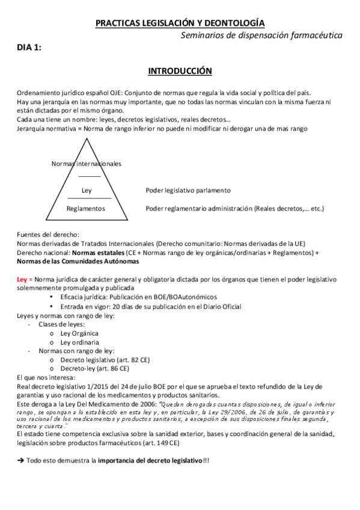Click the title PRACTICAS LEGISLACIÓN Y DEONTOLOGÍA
(180, 23)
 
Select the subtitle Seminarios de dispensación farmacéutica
(262, 35)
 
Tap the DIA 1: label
(29, 49)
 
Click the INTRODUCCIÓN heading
(180, 71)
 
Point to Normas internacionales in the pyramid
(87, 164)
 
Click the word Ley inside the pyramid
(87, 191)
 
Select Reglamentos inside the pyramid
(86, 209)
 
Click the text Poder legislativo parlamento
(188, 191)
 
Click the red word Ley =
(25, 280)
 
